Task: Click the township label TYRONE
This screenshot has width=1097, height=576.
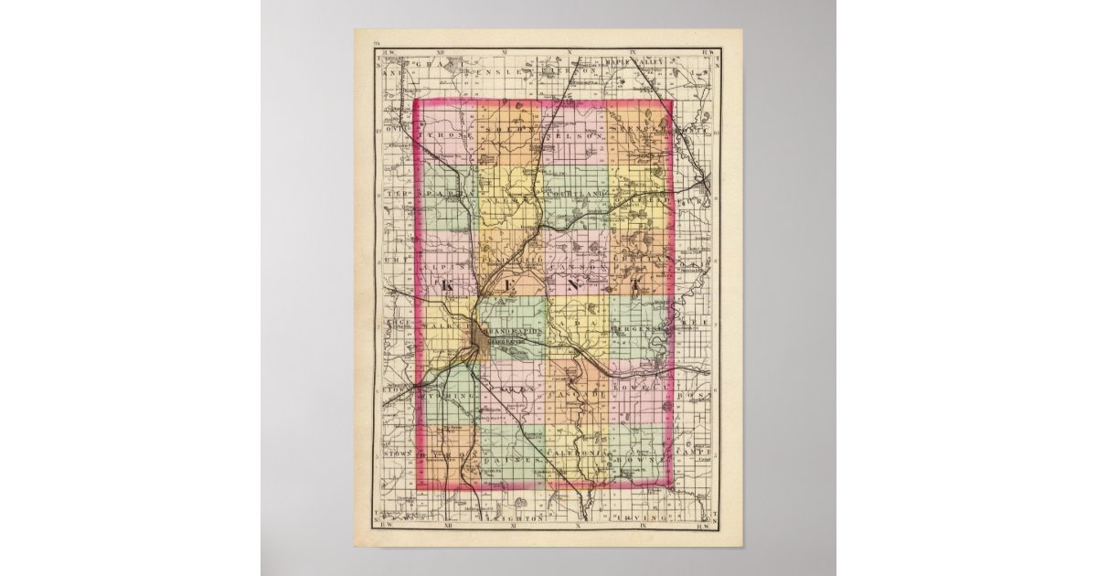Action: [444, 135]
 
